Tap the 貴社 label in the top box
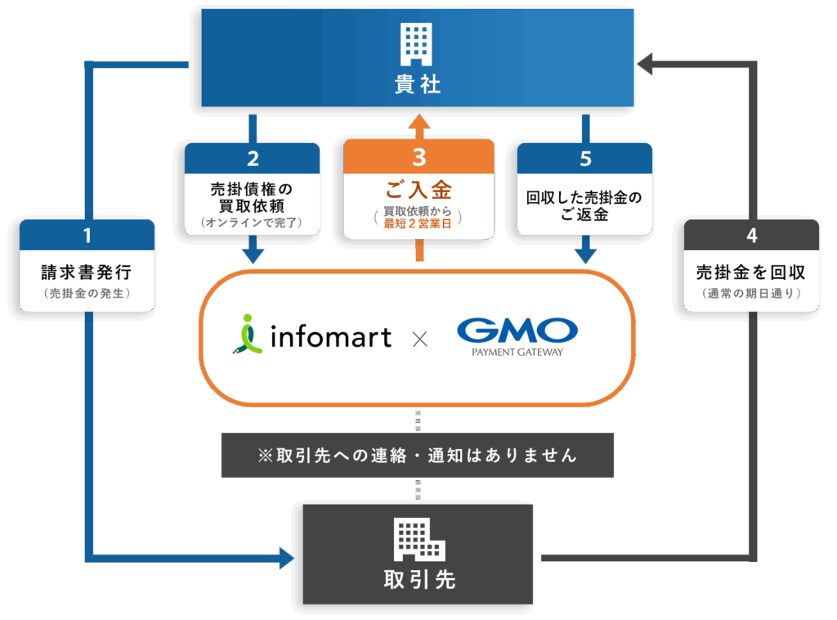418,84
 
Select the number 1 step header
87,236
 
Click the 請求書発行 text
87,272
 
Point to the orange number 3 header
418,156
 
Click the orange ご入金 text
418,191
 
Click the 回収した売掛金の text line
584,197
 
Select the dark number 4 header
751,236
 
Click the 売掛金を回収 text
751,272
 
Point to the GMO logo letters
517,330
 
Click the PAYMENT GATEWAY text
517,353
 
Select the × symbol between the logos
419,337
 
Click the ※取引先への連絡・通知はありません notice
417,456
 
